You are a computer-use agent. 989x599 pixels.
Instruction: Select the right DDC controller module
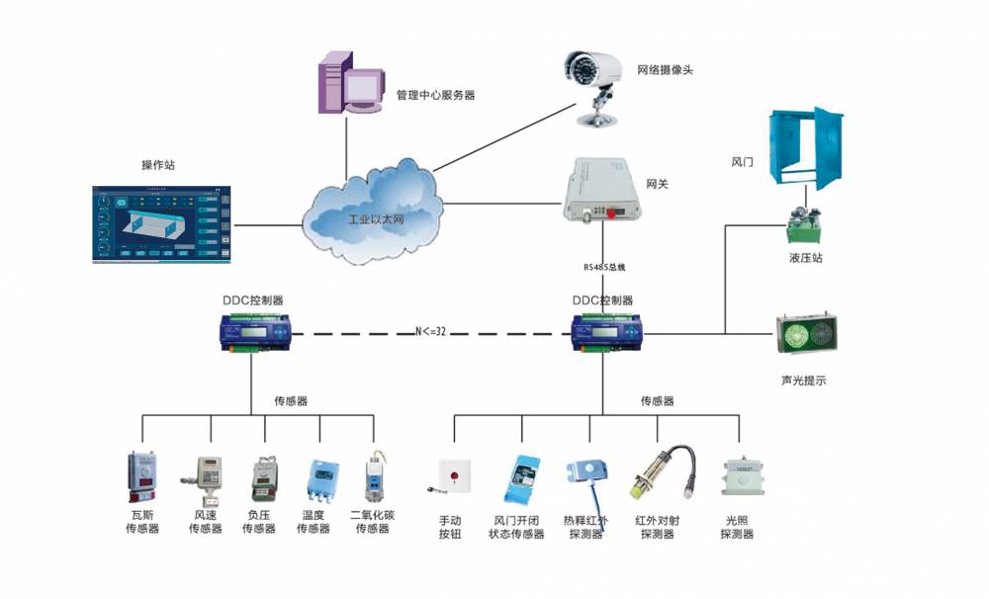pyautogui.click(x=603, y=332)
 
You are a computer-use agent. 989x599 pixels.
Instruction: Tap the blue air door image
pyautogui.click(x=808, y=147)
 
